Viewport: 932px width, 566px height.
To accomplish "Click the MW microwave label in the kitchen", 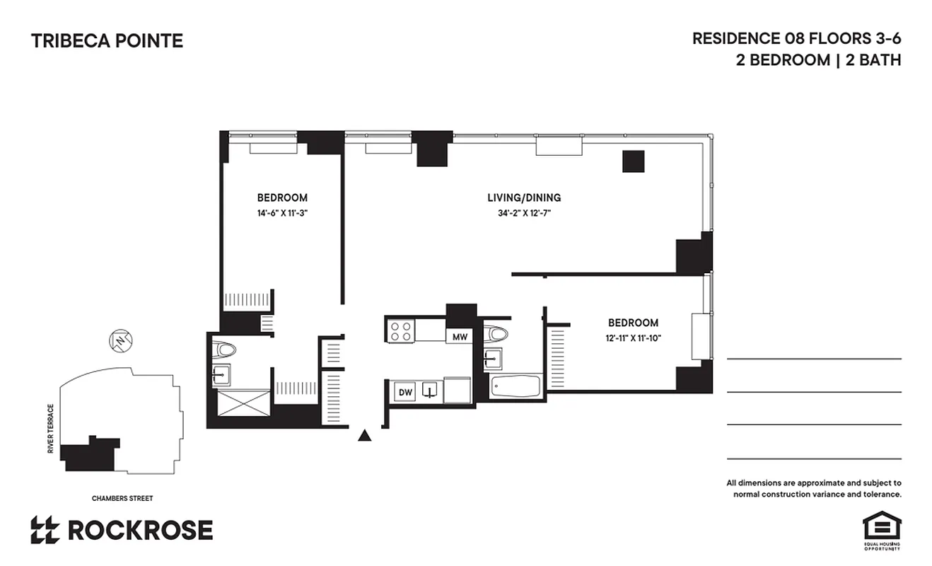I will pyautogui.click(x=460, y=337).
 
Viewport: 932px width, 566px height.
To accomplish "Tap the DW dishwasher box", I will pyautogui.click(x=405, y=392).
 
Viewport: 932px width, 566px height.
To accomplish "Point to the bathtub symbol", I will pyautogui.click(x=516, y=386).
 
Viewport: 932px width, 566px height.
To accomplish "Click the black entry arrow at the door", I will pyautogui.click(x=365, y=435).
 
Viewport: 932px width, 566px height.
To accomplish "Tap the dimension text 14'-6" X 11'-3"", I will pyautogui.click(x=282, y=213).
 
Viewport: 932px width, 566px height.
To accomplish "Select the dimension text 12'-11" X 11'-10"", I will pyautogui.click(x=633, y=337).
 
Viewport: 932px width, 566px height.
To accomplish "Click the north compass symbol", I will pyautogui.click(x=121, y=342).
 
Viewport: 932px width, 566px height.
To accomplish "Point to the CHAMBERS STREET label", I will pyautogui.click(x=122, y=498).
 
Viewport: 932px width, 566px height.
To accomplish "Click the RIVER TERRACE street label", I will pyautogui.click(x=51, y=429).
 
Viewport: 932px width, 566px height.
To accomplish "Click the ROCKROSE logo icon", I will pyautogui.click(x=45, y=530).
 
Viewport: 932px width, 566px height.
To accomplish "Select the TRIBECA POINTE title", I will pyautogui.click(x=107, y=41).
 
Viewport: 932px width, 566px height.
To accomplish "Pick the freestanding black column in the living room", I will pyautogui.click(x=634, y=161).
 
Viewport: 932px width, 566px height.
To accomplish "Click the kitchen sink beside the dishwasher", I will pyautogui.click(x=429, y=391).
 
